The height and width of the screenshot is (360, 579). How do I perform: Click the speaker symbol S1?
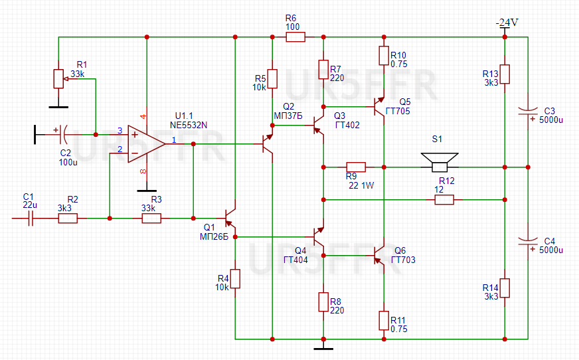pyautogui.click(x=440, y=163)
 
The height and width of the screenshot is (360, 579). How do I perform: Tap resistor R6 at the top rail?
pyautogui.click(x=295, y=37)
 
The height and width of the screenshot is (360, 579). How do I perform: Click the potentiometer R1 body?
pyautogui.click(x=58, y=78)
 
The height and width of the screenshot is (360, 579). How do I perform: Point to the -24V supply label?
pyautogui.click(x=507, y=23)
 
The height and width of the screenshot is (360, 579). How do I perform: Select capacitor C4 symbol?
pyautogui.click(x=528, y=242)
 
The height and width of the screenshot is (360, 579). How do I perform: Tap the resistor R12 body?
pyautogui.click(x=444, y=200)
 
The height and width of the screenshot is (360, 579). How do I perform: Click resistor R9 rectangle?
pyautogui.click(x=356, y=167)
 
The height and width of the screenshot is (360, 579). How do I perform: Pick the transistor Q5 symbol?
pyautogui.click(x=380, y=106)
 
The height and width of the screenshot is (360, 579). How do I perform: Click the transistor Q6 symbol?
pyautogui.click(x=380, y=255)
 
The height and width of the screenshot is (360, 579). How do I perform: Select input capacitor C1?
pyautogui.click(x=31, y=219)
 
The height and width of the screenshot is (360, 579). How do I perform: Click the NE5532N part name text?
pyautogui.click(x=189, y=125)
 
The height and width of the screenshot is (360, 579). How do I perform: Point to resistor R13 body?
pyautogui.click(x=505, y=74)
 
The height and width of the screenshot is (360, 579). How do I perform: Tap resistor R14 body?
pyautogui.click(x=505, y=288)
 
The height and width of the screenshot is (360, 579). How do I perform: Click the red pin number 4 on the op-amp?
pyautogui.click(x=143, y=117)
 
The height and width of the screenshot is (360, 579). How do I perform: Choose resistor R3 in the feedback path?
pyautogui.click(x=151, y=219)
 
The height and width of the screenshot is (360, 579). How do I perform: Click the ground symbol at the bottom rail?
pyautogui.click(x=323, y=347)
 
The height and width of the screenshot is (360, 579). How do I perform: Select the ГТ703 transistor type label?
pyautogui.click(x=403, y=260)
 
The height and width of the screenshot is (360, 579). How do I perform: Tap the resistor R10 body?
pyautogui.click(x=384, y=56)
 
